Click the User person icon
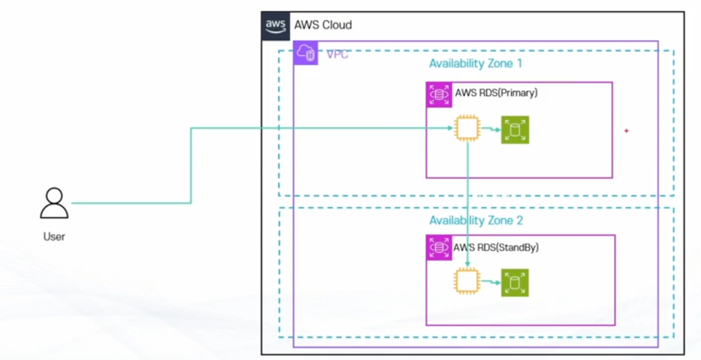tap(54, 204)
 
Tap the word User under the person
tap(54, 237)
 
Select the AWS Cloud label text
tap(322, 25)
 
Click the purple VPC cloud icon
tap(306, 53)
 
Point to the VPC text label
tap(337, 55)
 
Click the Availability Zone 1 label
tap(475, 63)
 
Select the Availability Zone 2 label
tap(475, 221)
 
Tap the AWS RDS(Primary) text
tap(496, 93)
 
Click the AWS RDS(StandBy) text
tap(496, 247)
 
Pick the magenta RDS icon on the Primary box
tap(439, 94)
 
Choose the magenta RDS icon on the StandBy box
tap(438, 248)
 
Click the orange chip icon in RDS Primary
tap(467, 129)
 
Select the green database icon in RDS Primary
tap(515, 130)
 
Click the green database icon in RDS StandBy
tap(515, 283)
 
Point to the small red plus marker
tap(627, 130)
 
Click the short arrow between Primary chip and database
tap(490, 129)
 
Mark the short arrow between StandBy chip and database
tap(490, 282)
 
